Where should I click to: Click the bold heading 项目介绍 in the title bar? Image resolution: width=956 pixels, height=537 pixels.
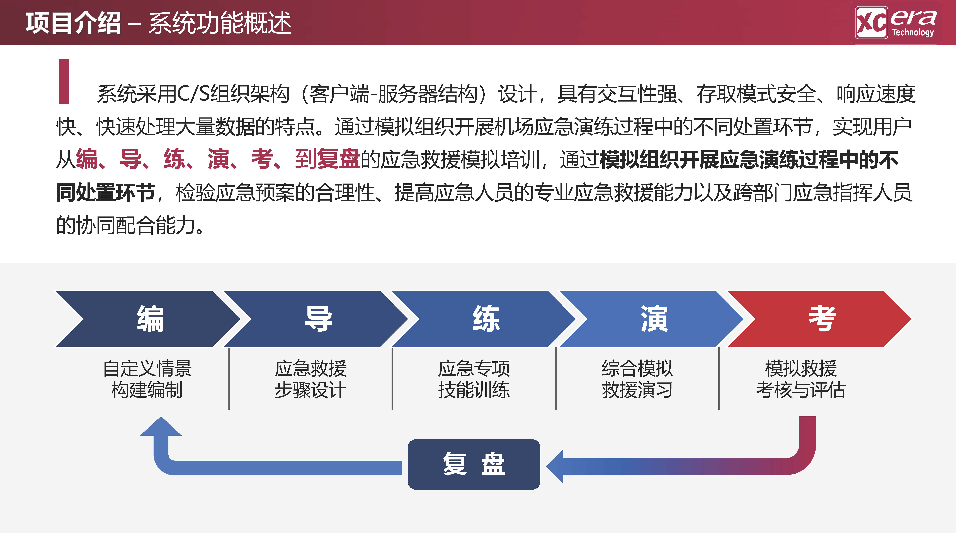coord(73,23)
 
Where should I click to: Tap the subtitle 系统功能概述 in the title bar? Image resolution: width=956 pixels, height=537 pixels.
coord(220,23)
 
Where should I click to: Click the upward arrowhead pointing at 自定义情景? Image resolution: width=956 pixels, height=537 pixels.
coord(161,427)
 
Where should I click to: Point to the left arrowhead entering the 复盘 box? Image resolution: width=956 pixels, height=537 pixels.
coord(556,466)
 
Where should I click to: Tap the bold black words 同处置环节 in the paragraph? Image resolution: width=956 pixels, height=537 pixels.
coord(105,192)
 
